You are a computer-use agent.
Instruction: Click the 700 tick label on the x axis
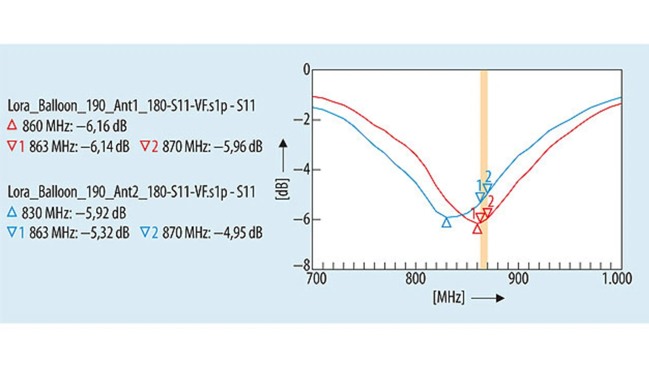pyautogui.click(x=316, y=278)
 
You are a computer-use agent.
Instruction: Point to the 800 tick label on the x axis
pyautogui.click(x=415, y=278)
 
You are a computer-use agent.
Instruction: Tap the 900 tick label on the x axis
pyautogui.click(x=518, y=278)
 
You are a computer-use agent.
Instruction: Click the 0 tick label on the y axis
pyautogui.click(x=306, y=70)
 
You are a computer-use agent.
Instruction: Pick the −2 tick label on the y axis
pyautogui.click(x=303, y=120)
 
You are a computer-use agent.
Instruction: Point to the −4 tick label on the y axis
pyautogui.click(x=303, y=170)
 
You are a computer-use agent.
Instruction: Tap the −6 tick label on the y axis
pyautogui.click(x=303, y=219)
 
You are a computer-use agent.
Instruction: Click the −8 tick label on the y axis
pyautogui.click(x=303, y=265)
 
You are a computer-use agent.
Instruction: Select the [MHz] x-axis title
pyautogui.click(x=449, y=298)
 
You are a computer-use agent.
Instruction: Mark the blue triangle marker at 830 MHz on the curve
pyautogui.click(x=446, y=222)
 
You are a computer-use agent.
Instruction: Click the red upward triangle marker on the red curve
pyautogui.click(x=477, y=229)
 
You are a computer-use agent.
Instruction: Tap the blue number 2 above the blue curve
pyautogui.click(x=488, y=176)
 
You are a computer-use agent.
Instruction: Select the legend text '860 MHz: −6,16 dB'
pyautogui.click(x=75, y=126)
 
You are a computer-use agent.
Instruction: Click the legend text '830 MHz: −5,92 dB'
pyautogui.click(x=75, y=213)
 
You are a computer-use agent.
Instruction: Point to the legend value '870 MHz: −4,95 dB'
pyautogui.click(x=212, y=233)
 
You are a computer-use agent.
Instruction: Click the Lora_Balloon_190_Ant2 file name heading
pyautogui.click(x=131, y=192)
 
